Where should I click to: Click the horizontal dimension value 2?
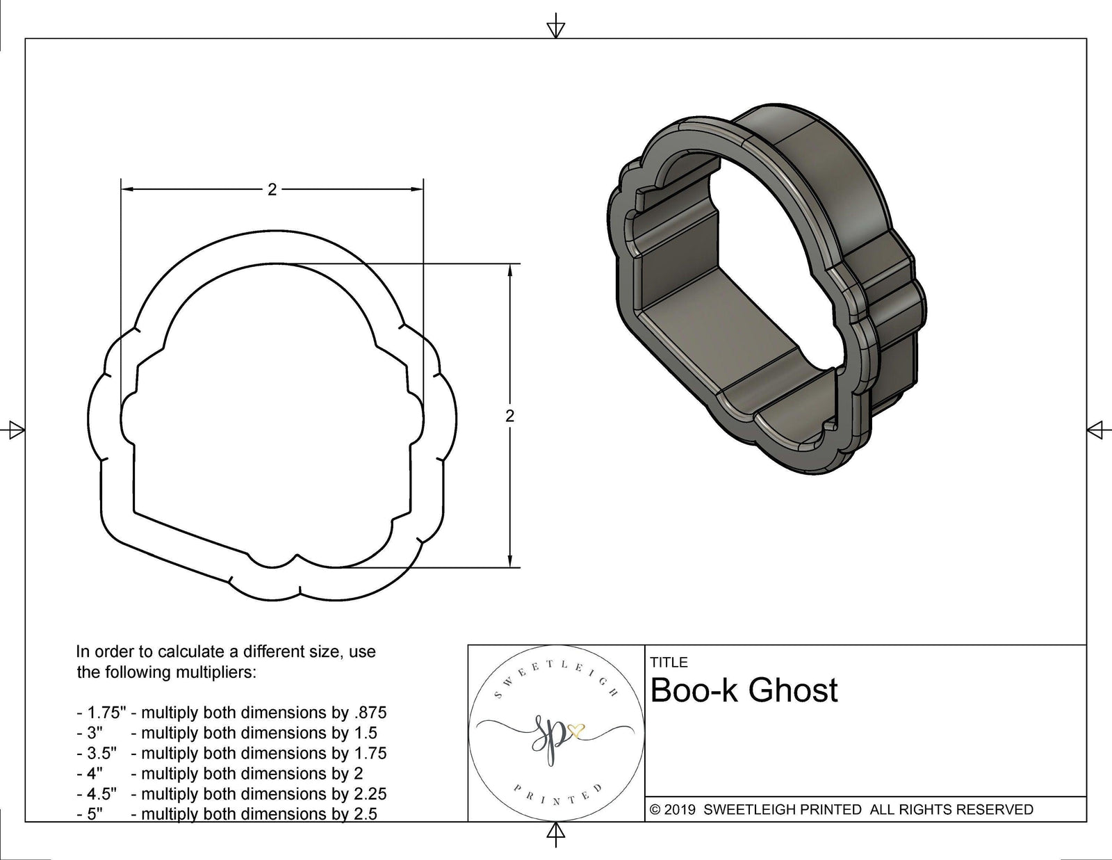pos(272,189)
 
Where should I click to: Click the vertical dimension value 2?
pos(510,416)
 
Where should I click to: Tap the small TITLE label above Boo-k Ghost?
pos(669,663)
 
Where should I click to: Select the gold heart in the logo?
pos(576,729)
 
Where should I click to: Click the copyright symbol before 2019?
pos(655,809)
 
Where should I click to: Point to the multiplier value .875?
pos(371,713)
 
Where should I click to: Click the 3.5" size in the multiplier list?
pos(101,753)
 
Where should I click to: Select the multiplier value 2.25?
pos(370,793)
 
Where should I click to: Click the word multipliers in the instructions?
pos(215,672)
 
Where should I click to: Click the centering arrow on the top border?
pos(555,29)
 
